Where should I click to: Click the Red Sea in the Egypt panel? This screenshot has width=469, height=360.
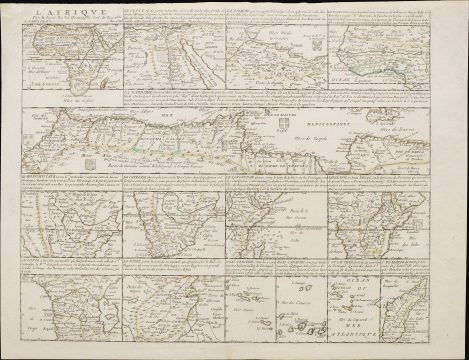201,60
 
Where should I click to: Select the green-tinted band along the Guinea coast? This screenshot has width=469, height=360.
390,59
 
